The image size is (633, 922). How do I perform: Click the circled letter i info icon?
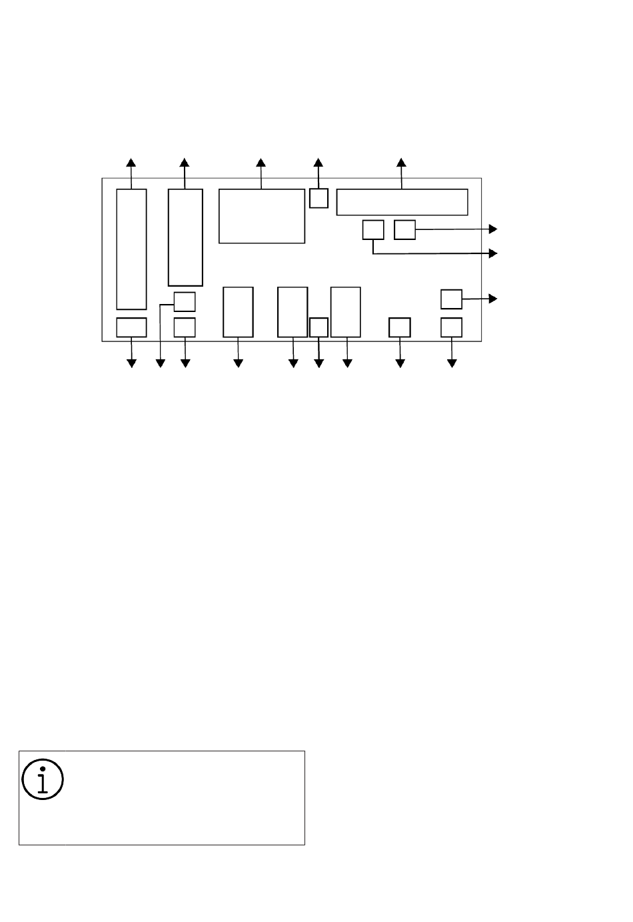43,777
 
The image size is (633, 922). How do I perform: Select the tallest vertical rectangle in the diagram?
131,249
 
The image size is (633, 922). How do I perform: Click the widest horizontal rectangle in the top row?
402,202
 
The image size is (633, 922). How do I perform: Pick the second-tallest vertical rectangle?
185,237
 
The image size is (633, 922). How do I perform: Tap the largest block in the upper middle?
262,216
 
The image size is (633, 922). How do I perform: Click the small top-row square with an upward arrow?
319,198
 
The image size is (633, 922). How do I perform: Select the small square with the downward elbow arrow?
185,302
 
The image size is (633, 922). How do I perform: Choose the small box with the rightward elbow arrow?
373,229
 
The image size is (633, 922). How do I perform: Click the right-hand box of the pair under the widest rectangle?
404,229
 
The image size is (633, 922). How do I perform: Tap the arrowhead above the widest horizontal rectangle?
401,163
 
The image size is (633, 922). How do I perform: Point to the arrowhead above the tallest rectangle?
131,163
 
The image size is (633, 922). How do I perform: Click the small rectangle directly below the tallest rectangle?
131,327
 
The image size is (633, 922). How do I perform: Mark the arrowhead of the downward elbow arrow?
160,363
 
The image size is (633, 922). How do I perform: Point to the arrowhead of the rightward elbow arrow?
493,253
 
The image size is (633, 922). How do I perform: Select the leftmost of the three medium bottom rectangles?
238,312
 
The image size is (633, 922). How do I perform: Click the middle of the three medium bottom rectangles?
293,312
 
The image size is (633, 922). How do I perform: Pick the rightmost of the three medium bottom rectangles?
346,312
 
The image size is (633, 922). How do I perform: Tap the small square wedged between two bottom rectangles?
319,327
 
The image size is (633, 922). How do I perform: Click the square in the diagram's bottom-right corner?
452,327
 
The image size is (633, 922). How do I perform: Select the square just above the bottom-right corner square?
452,299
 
